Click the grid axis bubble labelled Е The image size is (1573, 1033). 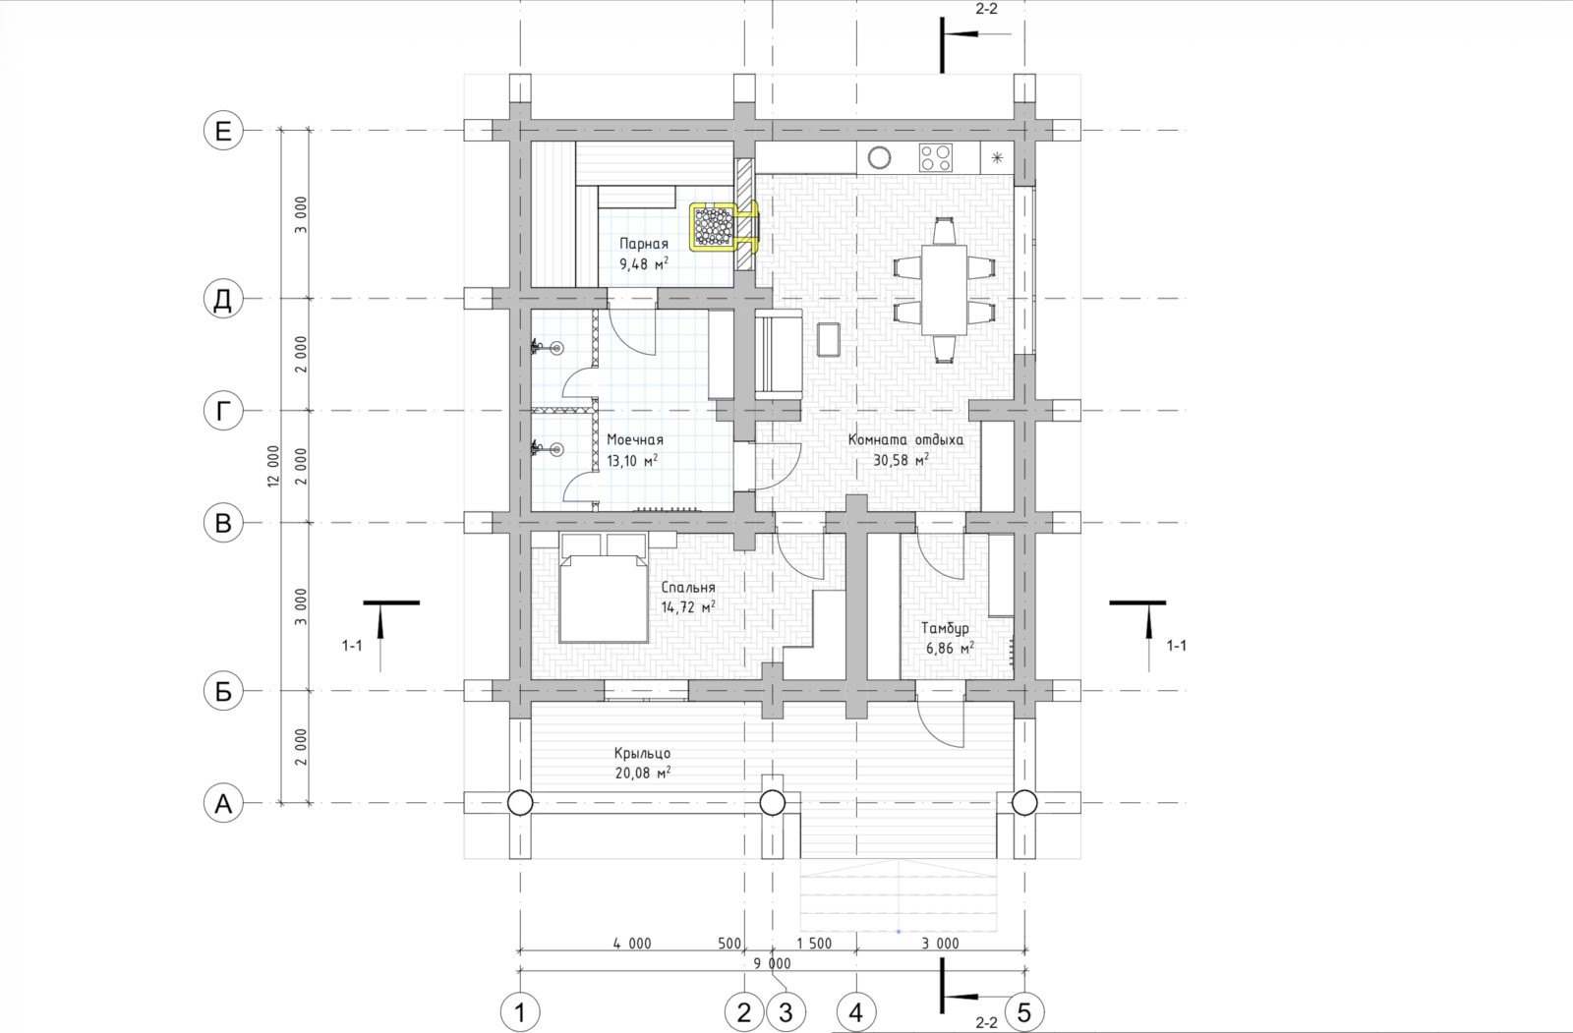(x=222, y=131)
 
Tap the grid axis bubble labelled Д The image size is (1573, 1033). (x=222, y=299)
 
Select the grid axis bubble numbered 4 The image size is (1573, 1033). (x=856, y=1012)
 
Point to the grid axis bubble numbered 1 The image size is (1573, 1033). (x=520, y=1012)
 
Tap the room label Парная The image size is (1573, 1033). (x=643, y=244)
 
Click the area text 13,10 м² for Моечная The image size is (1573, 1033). (x=632, y=461)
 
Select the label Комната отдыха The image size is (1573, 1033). (x=905, y=439)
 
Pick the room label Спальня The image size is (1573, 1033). (x=688, y=587)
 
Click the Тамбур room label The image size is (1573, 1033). (x=945, y=628)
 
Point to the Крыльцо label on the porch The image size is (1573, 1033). (x=642, y=753)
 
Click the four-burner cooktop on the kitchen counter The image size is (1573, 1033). (x=936, y=158)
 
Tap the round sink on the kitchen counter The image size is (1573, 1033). (x=879, y=158)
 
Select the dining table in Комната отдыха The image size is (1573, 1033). (x=944, y=289)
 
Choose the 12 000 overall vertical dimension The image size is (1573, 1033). (x=273, y=466)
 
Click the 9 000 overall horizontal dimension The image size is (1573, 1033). (x=772, y=963)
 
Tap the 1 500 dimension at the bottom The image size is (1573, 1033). (x=814, y=944)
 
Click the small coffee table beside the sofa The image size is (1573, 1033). (x=830, y=339)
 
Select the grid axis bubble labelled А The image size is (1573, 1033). (x=222, y=803)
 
